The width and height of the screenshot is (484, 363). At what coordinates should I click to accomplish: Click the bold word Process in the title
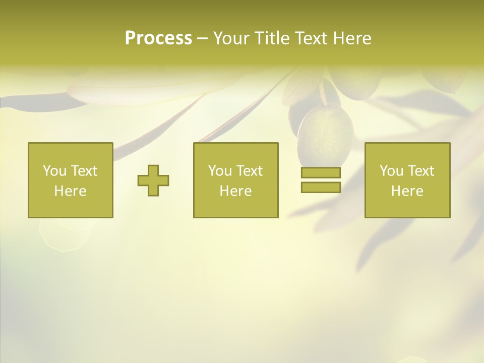coord(158,38)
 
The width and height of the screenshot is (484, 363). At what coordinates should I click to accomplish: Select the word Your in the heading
coord(231,38)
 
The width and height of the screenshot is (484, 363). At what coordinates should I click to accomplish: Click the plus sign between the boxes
coord(153,180)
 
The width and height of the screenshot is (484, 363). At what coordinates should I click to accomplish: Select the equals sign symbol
coord(321,180)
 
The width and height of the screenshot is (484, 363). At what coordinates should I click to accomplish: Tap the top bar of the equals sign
coord(321,173)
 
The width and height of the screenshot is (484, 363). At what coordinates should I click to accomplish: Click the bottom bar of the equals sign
coord(321,187)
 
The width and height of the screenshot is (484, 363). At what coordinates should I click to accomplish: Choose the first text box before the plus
coord(71,180)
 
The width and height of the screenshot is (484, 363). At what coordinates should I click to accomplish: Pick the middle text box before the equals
coord(235,180)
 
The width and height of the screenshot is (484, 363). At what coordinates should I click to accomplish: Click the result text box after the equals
coord(407,180)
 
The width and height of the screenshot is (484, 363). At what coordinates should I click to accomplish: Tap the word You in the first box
coord(54,171)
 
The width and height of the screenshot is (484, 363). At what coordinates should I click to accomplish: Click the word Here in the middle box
coord(235,191)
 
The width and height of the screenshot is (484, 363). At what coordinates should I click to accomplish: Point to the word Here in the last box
coord(407,191)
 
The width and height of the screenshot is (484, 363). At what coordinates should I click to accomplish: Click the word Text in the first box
coord(84,171)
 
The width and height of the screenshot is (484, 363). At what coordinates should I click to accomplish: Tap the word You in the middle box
coord(220,171)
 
